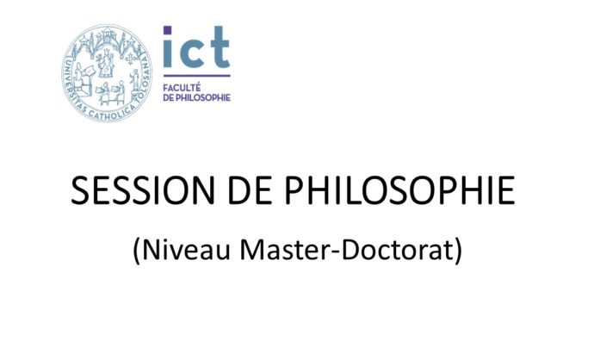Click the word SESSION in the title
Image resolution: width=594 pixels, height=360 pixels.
pos(142,190)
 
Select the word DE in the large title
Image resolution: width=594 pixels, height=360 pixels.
pos(250,190)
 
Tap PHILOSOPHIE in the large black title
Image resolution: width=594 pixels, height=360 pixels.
pos(399,190)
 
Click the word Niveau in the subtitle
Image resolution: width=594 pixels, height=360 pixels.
pos(187,250)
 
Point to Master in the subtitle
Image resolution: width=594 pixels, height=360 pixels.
pos(285,250)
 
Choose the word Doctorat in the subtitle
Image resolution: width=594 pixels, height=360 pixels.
pos(397,250)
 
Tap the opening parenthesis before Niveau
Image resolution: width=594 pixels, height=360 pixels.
pos(137,251)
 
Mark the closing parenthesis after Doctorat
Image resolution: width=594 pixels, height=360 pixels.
pos(458,251)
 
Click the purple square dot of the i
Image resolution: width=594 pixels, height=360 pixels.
pos(168,30)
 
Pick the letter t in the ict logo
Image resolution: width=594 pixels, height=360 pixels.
pos(218,47)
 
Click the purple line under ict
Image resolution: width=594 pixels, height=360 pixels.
pos(196,76)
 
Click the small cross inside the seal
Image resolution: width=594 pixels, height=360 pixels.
pos(130,59)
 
